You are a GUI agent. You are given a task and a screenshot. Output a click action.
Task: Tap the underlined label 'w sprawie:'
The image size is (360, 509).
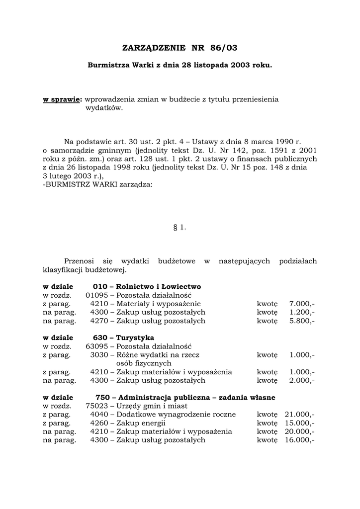62,99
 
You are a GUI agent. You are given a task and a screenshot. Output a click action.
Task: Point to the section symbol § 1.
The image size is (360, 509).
180,227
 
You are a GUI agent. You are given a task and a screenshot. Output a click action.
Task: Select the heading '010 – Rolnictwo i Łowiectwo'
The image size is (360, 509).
147,287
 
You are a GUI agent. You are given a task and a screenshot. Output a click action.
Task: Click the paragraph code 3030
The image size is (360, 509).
99,355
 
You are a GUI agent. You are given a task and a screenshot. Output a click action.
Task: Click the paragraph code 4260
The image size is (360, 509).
99,423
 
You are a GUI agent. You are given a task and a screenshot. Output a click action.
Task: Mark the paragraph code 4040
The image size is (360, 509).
99,415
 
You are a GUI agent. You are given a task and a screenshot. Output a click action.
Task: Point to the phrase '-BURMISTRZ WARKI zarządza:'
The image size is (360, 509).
98,184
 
